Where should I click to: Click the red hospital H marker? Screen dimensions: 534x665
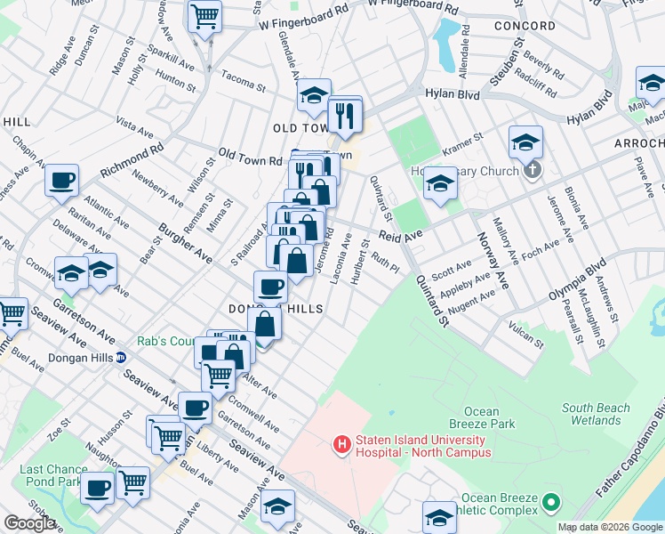(340, 443)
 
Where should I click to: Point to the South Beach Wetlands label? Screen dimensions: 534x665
(597, 414)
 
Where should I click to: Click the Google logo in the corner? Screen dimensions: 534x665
(29, 524)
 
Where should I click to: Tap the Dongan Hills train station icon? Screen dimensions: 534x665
(121, 358)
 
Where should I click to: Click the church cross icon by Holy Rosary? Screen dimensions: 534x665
(532, 169)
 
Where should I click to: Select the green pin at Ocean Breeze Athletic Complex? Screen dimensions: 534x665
(550, 504)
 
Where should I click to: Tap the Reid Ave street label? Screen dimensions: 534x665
(399, 236)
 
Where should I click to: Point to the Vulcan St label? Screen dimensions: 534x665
(526, 336)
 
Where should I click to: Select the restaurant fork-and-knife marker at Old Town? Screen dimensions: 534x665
(342, 114)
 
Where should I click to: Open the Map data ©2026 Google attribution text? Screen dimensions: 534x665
(610, 527)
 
